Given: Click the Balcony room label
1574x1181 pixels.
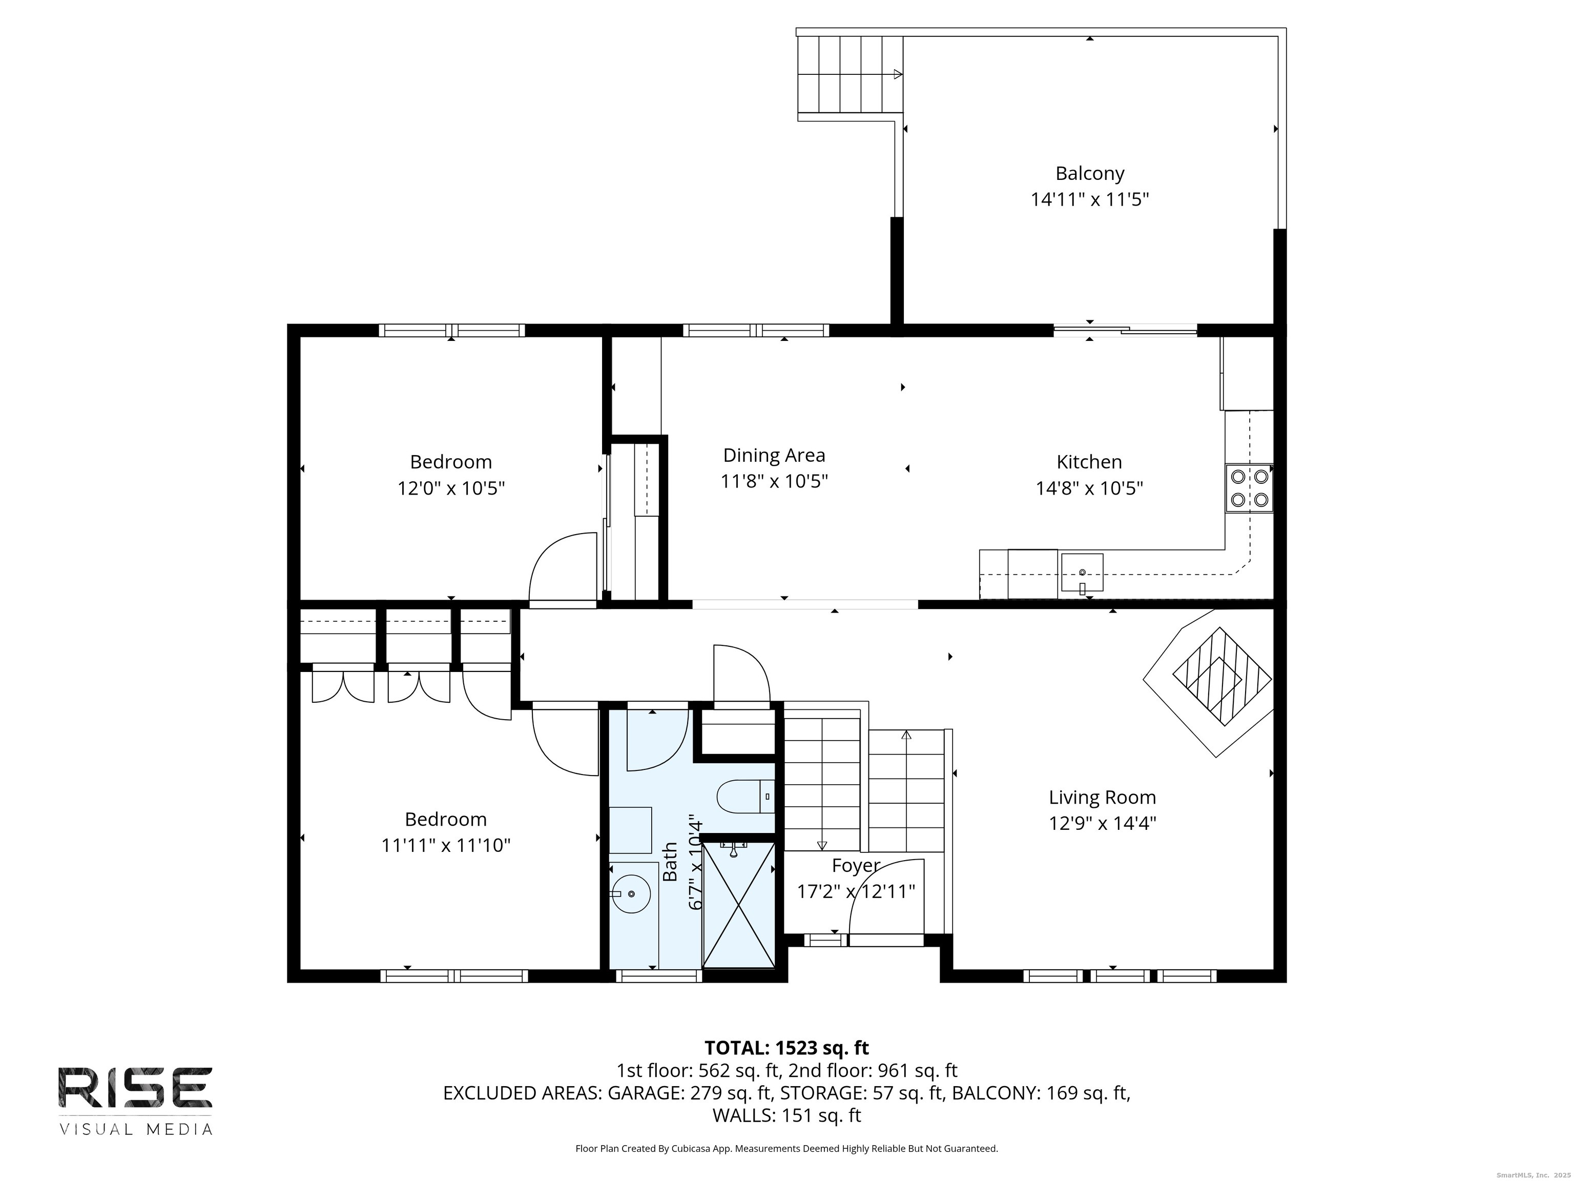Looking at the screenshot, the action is pos(1089,174).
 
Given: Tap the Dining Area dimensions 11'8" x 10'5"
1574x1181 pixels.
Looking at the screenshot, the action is pos(774,482).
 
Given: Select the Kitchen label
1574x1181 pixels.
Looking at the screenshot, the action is pos(1089,462).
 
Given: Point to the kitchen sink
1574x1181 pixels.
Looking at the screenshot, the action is pos(1082,573).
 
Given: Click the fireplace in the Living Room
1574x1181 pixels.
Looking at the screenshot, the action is pos(1208,681).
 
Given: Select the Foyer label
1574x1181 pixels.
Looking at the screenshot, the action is pos(856,866).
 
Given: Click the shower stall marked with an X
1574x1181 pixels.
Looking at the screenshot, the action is pos(739,904).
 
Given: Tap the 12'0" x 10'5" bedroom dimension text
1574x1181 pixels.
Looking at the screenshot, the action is pos(451,488).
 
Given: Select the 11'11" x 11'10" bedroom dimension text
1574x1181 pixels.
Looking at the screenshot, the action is pos(446,846).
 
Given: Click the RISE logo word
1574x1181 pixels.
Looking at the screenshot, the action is pos(134,1087).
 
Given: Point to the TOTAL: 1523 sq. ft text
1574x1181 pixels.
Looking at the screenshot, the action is pos(786,1048).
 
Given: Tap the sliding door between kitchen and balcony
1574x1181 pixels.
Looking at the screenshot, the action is pos(1125,330).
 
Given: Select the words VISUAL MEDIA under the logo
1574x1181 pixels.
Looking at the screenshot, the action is pos(135,1130).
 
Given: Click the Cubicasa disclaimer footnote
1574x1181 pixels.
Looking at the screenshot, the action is pos(786,1168).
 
